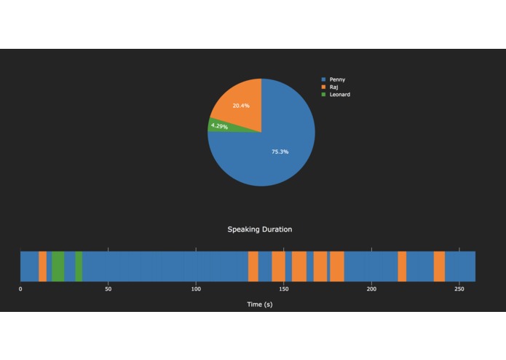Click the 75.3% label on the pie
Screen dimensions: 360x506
click(x=280, y=152)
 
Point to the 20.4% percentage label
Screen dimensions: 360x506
click(x=241, y=106)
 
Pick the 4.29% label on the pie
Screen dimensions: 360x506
click(x=218, y=126)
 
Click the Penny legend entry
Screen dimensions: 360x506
click(x=337, y=79)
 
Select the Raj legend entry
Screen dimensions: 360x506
click(x=333, y=87)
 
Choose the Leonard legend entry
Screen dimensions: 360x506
click(x=339, y=94)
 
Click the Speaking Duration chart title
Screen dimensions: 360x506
click(x=260, y=230)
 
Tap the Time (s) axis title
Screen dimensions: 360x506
click(x=260, y=304)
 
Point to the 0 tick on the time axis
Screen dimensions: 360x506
click(x=20, y=289)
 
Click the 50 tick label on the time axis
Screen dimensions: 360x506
click(x=108, y=289)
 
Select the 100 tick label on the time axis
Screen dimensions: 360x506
click(x=195, y=289)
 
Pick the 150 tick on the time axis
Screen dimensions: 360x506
click(x=283, y=289)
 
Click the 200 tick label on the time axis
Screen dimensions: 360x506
click(x=371, y=289)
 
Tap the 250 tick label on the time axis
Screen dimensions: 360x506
click(x=459, y=289)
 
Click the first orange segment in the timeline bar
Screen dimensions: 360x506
click(x=42, y=266)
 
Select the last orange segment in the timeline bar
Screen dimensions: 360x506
click(x=439, y=266)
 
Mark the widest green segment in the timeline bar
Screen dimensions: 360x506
click(x=58, y=266)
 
